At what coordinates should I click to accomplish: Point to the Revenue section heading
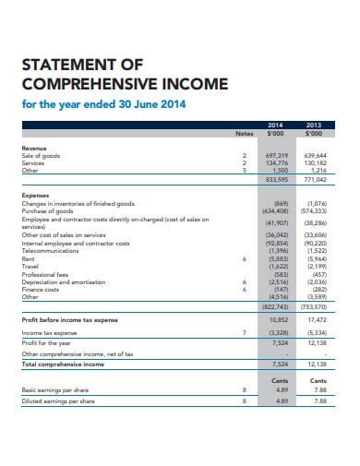point(35,148)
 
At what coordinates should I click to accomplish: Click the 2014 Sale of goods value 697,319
point(275,156)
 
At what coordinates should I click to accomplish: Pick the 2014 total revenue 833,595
point(275,180)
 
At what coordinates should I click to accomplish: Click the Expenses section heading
point(36,196)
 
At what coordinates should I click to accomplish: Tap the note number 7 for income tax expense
point(244,332)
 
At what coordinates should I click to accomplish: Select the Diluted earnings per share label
point(58,400)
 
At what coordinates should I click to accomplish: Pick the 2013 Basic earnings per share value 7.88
point(320,389)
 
